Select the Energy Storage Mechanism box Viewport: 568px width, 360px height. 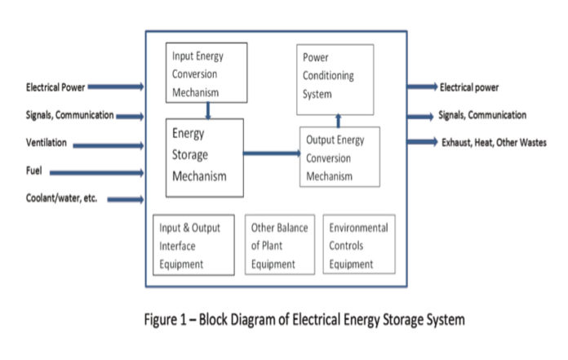204,157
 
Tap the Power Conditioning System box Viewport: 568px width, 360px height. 335,78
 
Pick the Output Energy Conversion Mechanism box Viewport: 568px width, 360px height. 339,157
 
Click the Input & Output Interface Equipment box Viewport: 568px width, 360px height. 192,245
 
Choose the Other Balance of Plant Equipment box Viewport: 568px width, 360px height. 280,245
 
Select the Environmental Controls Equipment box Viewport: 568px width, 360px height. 359,245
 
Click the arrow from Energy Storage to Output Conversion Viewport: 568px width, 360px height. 271,153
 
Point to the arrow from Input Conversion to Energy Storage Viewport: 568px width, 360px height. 209,110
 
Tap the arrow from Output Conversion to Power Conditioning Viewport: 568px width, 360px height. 339,121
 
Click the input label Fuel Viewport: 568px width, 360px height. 33,172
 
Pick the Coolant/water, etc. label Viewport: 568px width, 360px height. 61,198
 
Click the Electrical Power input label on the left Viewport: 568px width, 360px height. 55,87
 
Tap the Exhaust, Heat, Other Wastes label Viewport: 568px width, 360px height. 491,142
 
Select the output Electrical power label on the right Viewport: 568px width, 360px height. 469,87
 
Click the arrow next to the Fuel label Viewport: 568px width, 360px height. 96,172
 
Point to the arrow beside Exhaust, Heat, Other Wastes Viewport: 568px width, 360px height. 423,142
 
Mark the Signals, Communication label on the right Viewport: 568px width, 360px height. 482,115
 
